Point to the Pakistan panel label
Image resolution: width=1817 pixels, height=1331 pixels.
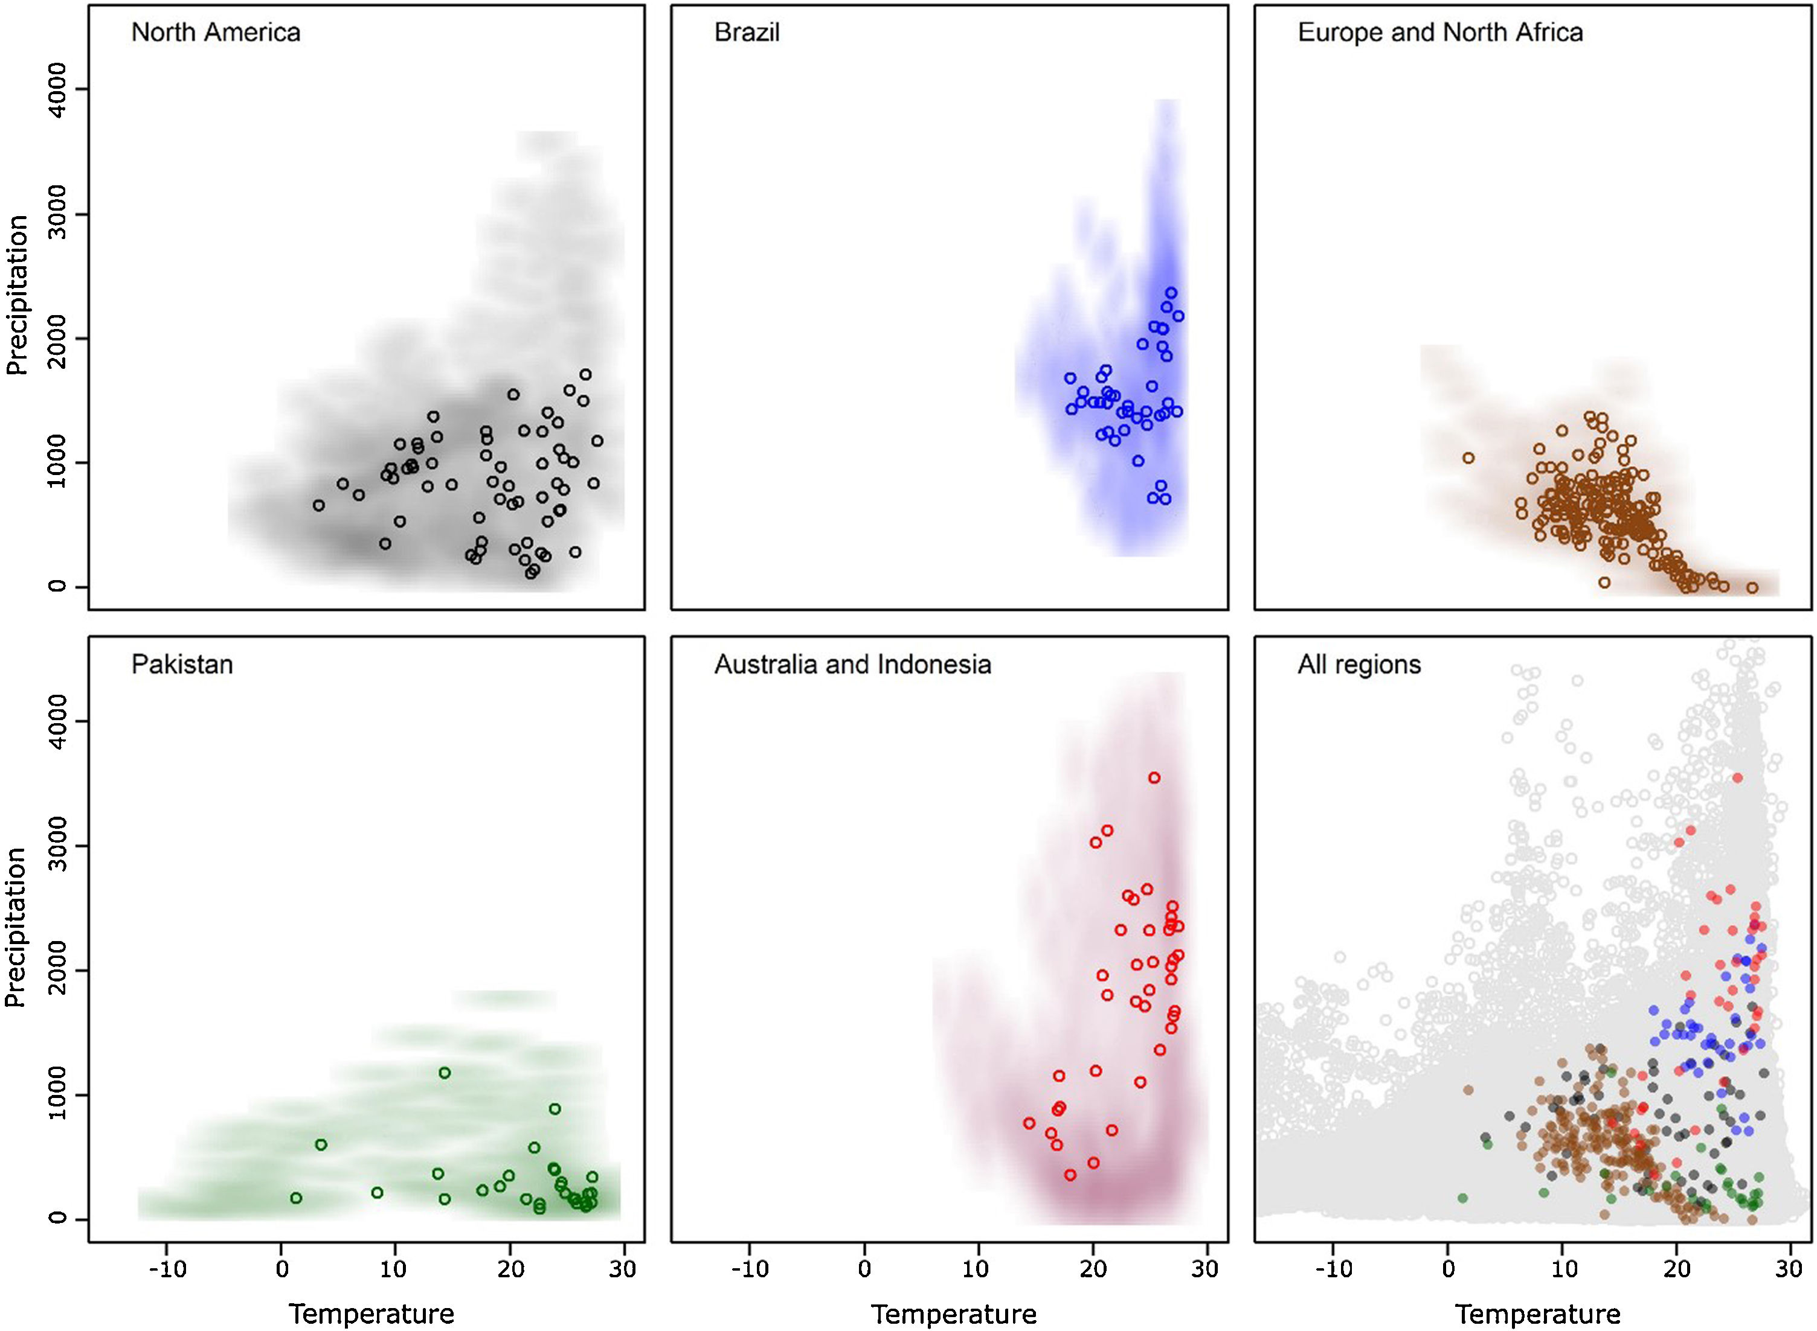click(x=182, y=665)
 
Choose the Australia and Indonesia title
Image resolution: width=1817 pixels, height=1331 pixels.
click(x=852, y=665)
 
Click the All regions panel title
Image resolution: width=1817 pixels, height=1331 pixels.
click(x=1359, y=665)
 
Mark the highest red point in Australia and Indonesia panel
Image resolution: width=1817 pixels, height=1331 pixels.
click(x=1154, y=777)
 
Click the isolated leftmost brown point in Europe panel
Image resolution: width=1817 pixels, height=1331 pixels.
click(x=1468, y=458)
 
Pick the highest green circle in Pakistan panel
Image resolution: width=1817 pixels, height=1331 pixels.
click(x=444, y=1073)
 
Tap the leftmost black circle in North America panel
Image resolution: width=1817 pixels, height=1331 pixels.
click(x=318, y=505)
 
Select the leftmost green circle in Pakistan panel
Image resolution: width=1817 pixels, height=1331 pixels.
click(x=296, y=1197)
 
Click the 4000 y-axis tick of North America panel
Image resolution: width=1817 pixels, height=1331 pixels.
click(x=58, y=89)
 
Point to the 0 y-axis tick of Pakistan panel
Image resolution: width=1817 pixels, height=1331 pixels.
click(x=58, y=1218)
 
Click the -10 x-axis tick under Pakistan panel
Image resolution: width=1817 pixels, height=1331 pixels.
click(x=168, y=1268)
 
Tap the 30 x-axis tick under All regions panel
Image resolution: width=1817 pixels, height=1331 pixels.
click(x=1788, y=1268)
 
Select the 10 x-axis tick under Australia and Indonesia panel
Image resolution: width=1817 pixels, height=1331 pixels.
click(x=977, y=1268)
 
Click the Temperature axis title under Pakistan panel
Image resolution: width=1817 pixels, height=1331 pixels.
click(x=371, y=1313)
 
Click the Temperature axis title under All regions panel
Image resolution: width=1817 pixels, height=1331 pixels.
click(x=1537, y=1313)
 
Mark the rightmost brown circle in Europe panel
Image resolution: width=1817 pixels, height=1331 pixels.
click(x=1752, y=587)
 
